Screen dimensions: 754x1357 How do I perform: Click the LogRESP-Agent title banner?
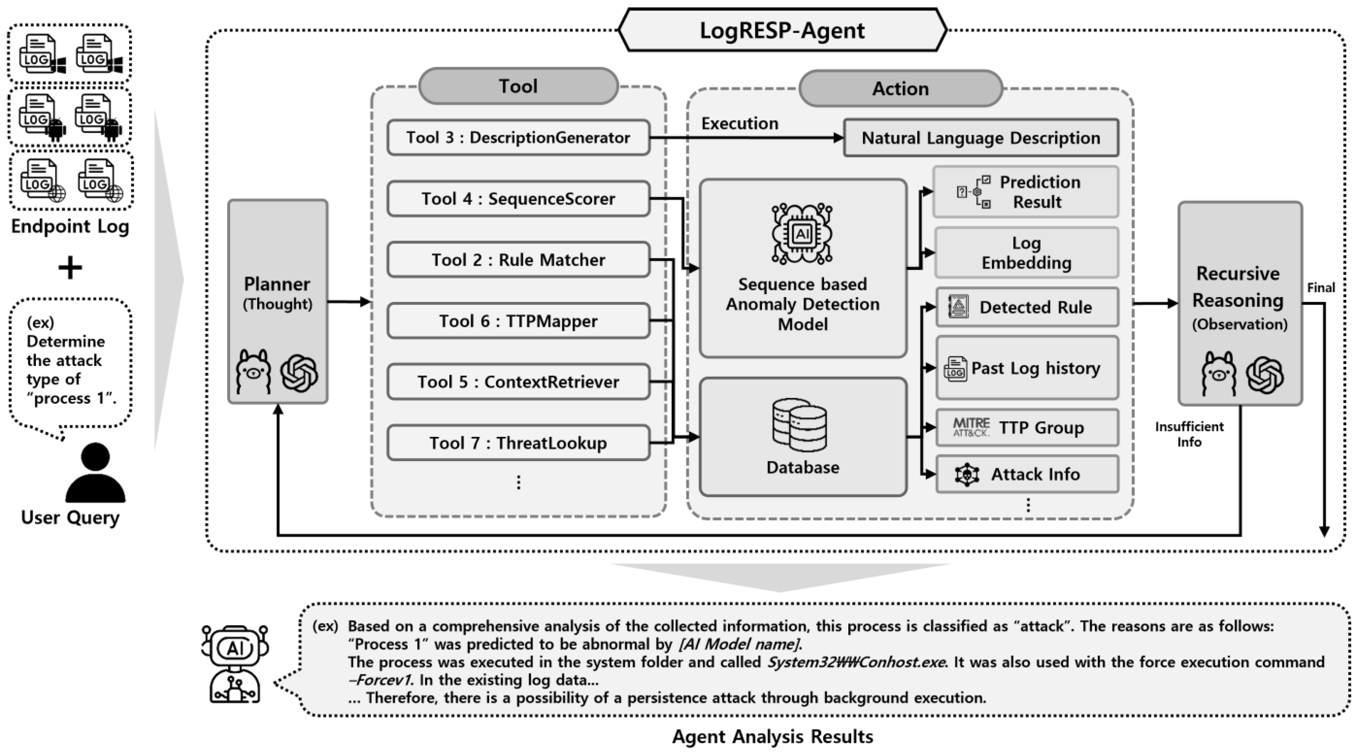(x=782, y=30)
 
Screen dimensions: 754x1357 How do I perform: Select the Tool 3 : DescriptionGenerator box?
(x=518, y=137)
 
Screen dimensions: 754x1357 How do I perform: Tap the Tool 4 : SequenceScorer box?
(x=518, y=199)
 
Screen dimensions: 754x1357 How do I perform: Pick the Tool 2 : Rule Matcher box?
(x=518, y=260)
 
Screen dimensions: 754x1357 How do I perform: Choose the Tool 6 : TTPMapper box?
(x=518, y=321)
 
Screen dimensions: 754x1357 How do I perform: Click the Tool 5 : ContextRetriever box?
(x=518, y=382)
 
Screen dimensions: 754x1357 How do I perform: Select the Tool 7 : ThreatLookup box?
(x=518, y=443)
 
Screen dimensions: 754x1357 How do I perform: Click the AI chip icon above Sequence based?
(x=802, y=233)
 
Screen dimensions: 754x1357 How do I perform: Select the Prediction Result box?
(x=1026, y=192)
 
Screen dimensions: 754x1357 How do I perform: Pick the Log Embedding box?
(x=1026, y=253)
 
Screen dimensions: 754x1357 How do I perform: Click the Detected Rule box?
(x=1027, y=307)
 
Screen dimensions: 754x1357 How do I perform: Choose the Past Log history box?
(x=1027, y=368)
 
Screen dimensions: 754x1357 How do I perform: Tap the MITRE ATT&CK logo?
(x=971, y=427)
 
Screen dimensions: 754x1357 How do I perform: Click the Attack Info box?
(x=1027, y=474)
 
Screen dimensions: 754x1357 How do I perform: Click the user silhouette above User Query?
(x=95, y=472)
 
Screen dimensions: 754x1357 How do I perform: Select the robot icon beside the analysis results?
(x=235, y=664)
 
